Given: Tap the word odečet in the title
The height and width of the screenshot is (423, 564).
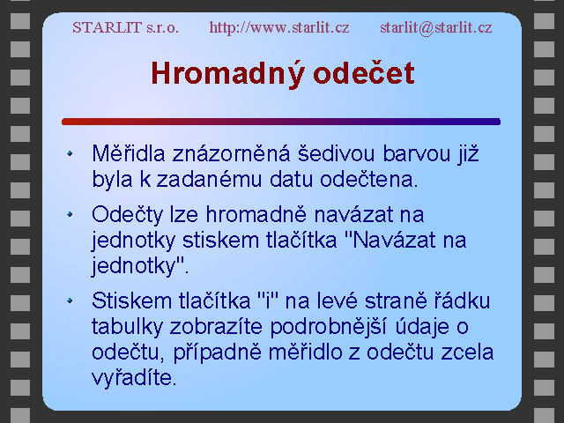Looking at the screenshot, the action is [364, 72].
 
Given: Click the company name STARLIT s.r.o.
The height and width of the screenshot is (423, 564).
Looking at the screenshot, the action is [125, 27].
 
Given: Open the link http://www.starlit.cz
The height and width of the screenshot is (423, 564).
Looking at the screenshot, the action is [279, 27].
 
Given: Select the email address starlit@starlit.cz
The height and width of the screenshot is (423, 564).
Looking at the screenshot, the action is [436, 27].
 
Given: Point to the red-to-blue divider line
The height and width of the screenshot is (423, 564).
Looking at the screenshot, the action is [281, 122].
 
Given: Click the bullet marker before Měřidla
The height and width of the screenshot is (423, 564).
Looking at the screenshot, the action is [70, 153].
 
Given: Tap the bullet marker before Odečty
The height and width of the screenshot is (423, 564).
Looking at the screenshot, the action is [70, 214].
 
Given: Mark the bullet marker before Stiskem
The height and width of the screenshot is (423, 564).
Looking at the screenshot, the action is [70, 301].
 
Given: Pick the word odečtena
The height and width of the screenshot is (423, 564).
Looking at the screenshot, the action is [368, 179].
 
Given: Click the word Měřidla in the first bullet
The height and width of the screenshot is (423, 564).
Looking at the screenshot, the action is [129, 153].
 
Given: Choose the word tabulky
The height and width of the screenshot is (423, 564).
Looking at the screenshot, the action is [127, 327].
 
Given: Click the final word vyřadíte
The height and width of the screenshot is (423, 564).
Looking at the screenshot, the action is [134, 378].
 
